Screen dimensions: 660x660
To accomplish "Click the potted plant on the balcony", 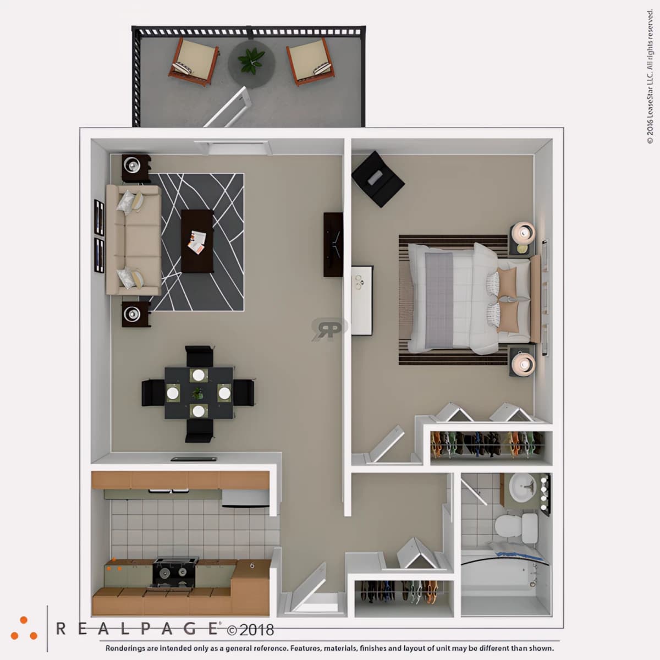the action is coord(252,61).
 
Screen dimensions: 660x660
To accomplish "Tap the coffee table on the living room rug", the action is coord(197,241).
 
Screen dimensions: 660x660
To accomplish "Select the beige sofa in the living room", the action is coord(134,240).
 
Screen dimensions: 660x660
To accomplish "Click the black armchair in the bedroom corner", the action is coord(377,179).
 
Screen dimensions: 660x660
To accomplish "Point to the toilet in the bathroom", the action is coord(516,528).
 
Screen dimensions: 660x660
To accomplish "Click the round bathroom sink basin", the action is coord(522,488).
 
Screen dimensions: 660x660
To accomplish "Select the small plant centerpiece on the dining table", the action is coord(197,393).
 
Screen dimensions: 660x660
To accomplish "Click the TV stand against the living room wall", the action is coord(333,245).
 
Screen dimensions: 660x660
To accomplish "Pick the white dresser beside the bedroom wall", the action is coord(362,300).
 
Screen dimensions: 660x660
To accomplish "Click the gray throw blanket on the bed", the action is coord(439,299).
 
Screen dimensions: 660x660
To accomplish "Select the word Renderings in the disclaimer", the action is coord(125,648).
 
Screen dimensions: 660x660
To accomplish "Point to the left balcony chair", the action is coord(194,62).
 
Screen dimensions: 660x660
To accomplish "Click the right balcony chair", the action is coord(310,62).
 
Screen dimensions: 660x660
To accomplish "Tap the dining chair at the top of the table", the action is coord(199,356).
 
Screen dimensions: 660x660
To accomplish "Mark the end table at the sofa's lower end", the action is coord(136,314).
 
